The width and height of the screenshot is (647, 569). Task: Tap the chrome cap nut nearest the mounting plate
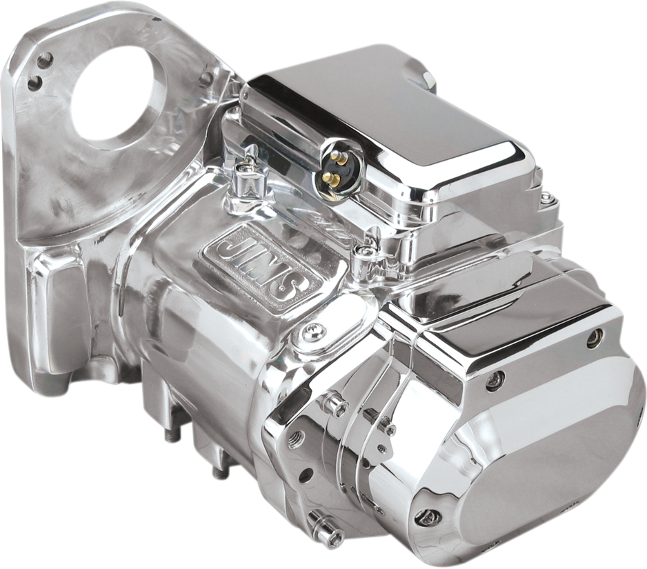(x=246, y=181)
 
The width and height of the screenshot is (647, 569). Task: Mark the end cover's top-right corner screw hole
(x=594, y=337)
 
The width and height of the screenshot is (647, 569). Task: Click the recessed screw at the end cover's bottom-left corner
(x=427, y=516)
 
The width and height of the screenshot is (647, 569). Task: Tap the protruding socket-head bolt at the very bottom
(x=323, y=527)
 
